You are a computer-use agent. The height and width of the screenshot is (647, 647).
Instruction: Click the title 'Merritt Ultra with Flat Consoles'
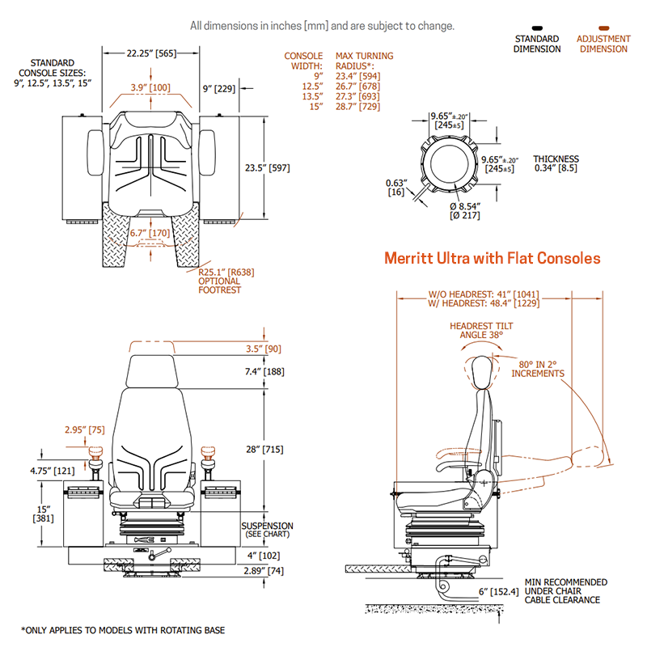(492, 258)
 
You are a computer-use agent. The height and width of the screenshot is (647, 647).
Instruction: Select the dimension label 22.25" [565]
(151, 55)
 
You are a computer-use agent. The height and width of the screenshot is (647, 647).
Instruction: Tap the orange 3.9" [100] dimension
(151, 87)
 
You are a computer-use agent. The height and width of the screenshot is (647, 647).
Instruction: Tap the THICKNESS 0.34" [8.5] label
(556, 163)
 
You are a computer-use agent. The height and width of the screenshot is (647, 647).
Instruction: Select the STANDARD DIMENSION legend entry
(537, 44)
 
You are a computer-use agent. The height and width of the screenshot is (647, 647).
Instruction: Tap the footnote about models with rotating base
(123, 630)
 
